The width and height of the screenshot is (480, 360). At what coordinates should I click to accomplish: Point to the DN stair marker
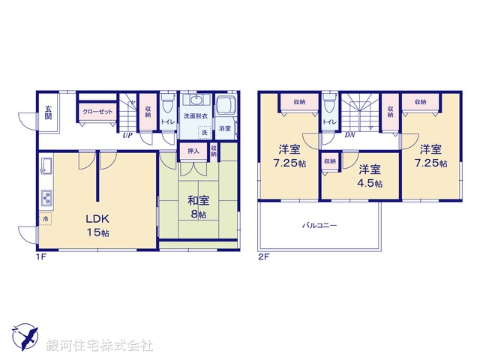tap(349, 136)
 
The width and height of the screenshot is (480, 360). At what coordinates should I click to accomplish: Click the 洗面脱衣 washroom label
tap(196, 117)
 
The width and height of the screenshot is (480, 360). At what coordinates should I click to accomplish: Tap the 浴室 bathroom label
tap(224, 129)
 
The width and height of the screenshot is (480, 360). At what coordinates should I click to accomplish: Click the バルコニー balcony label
tap(319, 224)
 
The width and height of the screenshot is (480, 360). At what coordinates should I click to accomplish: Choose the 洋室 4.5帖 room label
tap(368, 175)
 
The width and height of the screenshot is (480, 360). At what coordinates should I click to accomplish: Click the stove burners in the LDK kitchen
tap(45, 199)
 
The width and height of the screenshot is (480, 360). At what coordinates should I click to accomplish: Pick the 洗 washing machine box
tap(202, 132)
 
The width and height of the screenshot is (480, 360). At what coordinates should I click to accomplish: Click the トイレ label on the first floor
tap(167, 120)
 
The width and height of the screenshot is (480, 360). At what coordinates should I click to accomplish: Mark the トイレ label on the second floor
tap(328, 121)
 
